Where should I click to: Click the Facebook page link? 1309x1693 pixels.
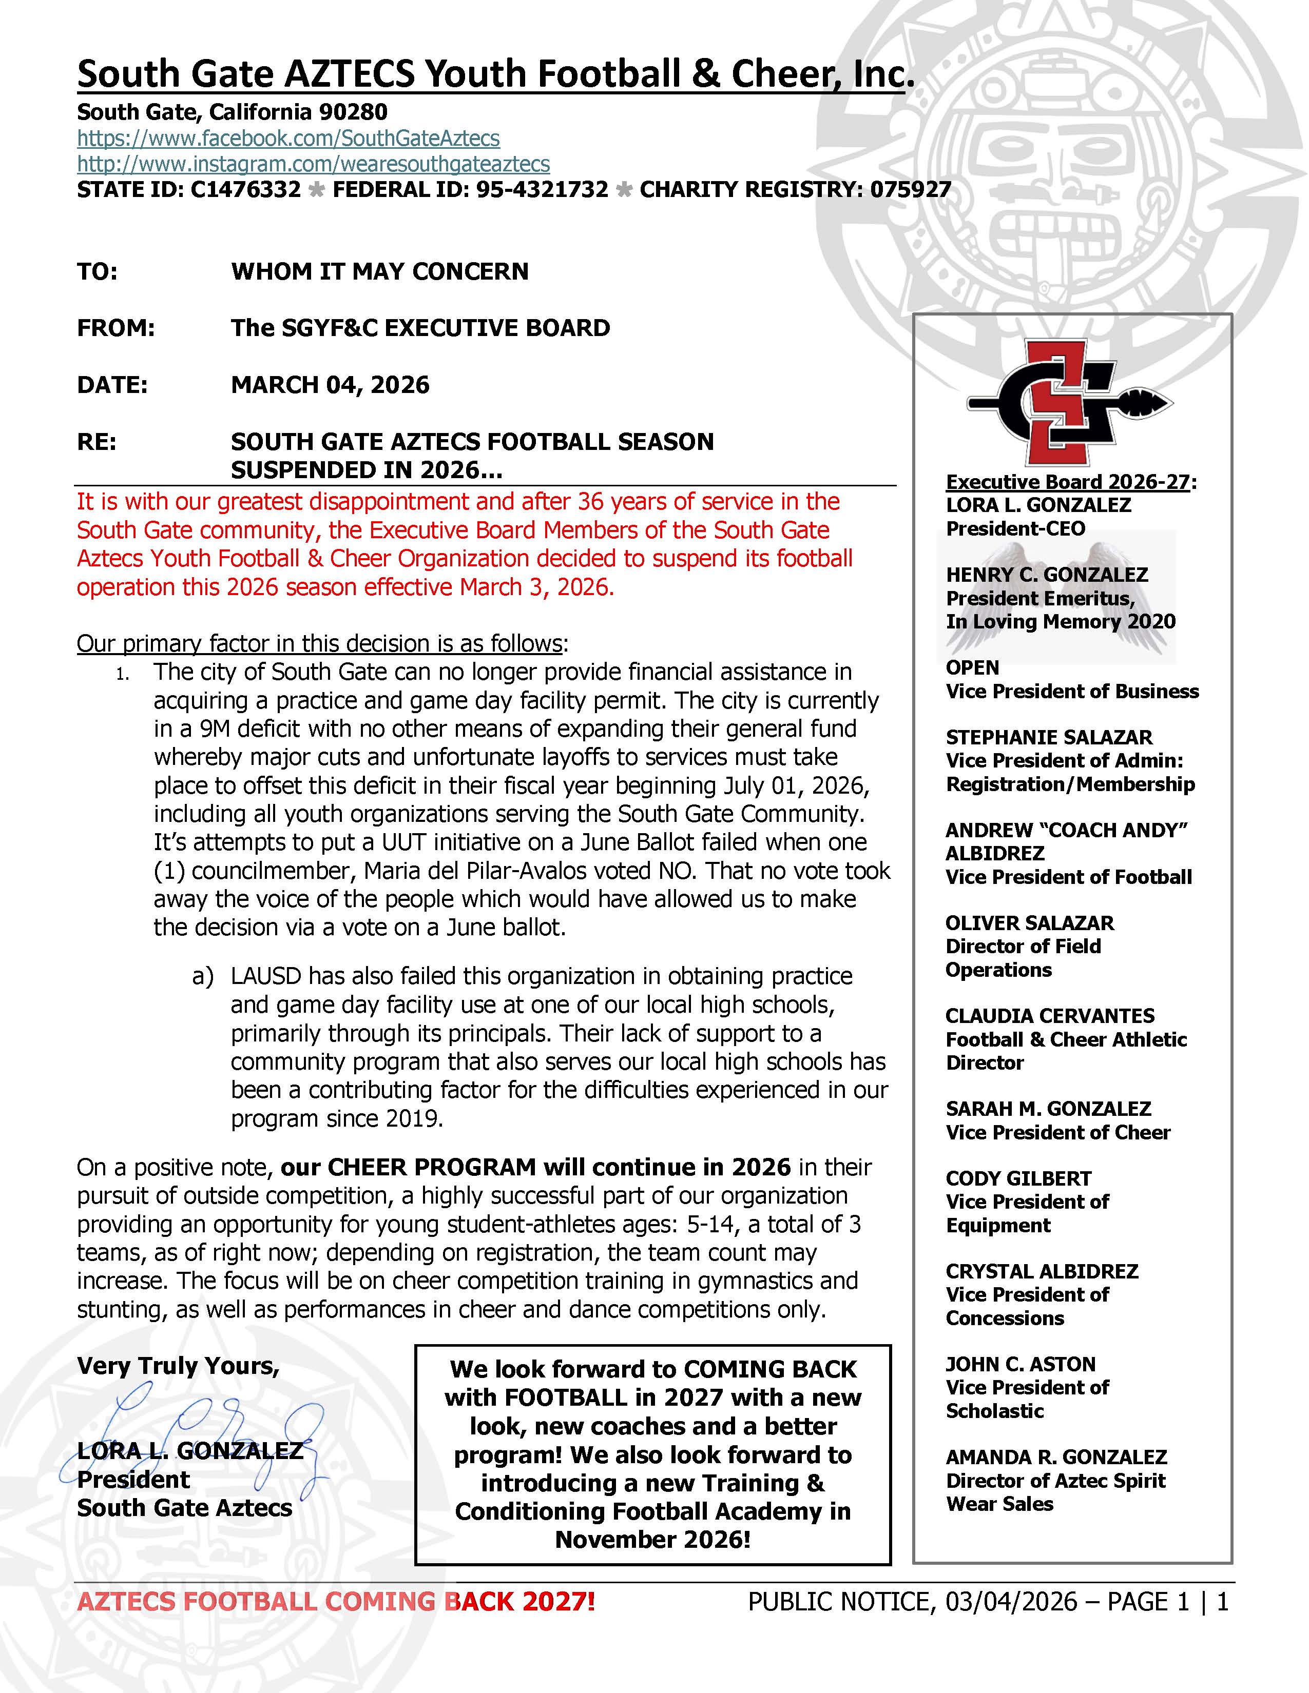tap(288, 139)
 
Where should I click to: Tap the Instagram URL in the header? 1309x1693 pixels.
tap(313, 164)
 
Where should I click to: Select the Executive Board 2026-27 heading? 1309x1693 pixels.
tap(1068, 482)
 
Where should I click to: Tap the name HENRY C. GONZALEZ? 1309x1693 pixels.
tap(1047, 575)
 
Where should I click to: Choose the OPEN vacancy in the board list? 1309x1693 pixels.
tap(972, 668)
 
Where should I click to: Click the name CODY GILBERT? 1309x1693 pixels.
tap(1018, 1179)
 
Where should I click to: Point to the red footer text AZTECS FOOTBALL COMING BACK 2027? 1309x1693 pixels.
tap(336, 1602)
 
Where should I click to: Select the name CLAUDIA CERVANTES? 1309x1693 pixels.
tap(1050, 1016)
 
